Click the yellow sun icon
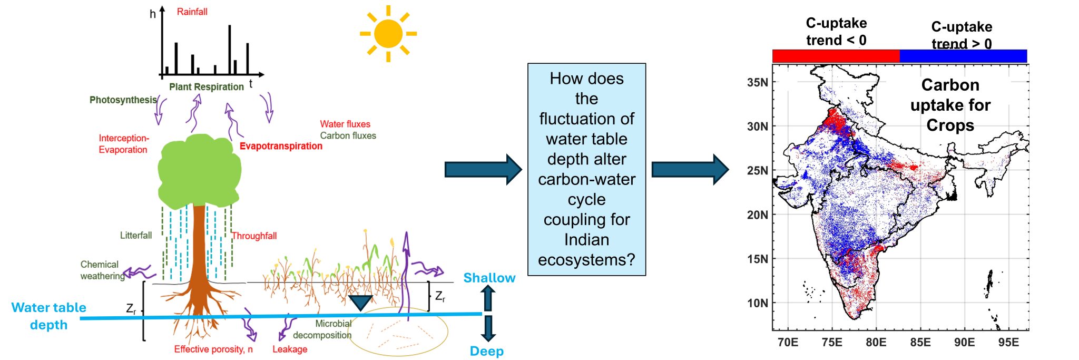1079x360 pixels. click(388, 34)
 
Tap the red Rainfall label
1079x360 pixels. click(192, 12)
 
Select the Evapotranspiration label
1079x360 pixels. click(281, 146)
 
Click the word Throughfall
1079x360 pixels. click(254, 236)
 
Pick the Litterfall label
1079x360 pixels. click(136, 235)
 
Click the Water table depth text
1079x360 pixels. click(48, 316)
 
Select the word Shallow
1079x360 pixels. click(489, 278)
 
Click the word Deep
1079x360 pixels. click(486, 351)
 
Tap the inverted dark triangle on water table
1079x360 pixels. click(361, 303)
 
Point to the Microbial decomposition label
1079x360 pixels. click(322, 329)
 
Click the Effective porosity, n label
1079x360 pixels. click(213, 349)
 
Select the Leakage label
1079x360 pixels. click(290, 349)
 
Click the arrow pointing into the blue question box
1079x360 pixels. click(483, 170)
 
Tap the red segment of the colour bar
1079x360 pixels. click(836, 56)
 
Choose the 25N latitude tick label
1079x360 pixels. click(758, 170)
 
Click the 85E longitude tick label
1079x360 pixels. click(920, 342)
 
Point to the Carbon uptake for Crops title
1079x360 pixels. click(950, 105)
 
